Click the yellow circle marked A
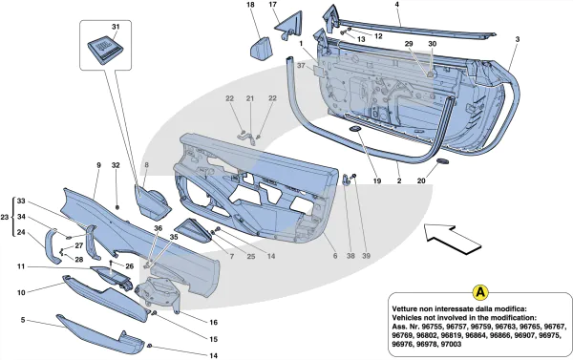pos(480,292)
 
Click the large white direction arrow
pos(452,239)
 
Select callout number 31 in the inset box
pos(116,27)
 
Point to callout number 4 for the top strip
pos(397,5)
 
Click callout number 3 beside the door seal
pos(518,39)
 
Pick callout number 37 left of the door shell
pos(301,66)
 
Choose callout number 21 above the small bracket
pos(250,98)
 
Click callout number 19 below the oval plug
pos(377,180)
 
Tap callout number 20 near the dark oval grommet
pos(421,180)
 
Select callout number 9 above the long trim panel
pos(98,165)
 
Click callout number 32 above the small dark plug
pos(116,165)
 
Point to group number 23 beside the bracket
pos(5,218)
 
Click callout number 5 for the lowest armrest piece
pos(23,320)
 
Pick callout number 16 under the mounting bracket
pos(213,323)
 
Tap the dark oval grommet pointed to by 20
pos(442,161)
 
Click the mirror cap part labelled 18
pos(263,49)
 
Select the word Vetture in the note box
pos(404,308)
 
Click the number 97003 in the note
pos(450,344)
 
